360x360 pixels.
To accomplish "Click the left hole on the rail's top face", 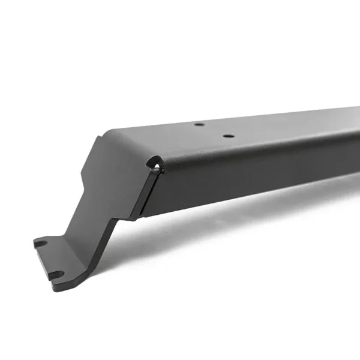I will (x=199, y=125).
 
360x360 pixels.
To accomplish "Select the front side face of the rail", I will (x=252, y=174).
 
